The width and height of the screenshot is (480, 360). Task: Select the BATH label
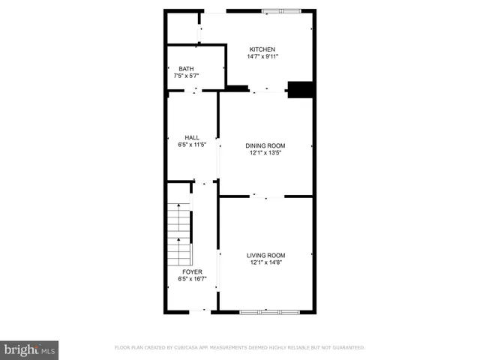tap(185, 69)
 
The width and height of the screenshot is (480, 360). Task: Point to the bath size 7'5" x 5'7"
tap(185, 76)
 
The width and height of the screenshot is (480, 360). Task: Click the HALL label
tap(192, 137)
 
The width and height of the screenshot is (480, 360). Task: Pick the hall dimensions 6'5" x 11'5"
tap(192, 145)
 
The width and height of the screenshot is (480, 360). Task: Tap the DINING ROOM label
tap(266, 145)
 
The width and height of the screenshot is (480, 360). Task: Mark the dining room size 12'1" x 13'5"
tap(266, 153)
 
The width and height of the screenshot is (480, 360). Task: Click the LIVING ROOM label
tap(266, 255)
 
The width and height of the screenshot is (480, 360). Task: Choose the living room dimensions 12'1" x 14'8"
tap(266, 262)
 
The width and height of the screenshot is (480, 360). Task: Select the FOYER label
tap(192, 271)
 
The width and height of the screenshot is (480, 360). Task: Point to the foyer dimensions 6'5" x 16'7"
tap(192, 279)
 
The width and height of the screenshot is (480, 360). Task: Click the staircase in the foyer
tap(180, 232)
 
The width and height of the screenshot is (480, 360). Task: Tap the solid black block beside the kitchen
tap(301, 89)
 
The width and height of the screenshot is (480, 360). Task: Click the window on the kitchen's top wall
tap(281, 11)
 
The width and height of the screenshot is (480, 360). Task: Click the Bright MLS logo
tap(29, 349)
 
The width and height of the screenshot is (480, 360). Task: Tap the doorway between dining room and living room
tap(267, 196)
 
